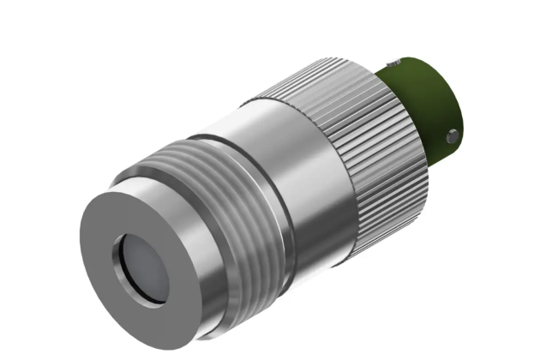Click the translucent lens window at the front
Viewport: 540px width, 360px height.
click(x=141, y=267)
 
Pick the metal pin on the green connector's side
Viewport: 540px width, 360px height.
click(x=452, y=135)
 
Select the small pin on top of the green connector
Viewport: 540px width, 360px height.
click(x=391, y=63)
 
